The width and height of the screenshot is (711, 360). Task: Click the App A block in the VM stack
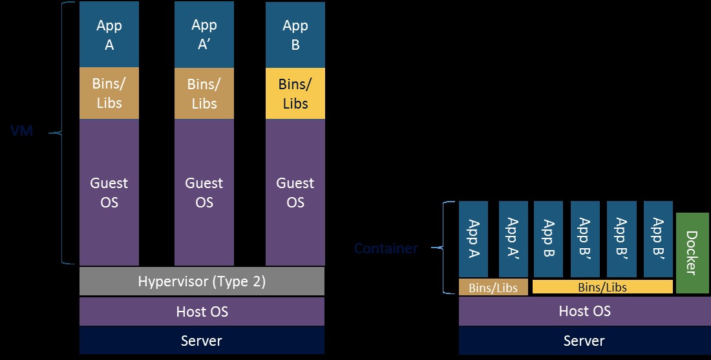[x=109, y=35]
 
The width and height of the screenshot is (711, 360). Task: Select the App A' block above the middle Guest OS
[x=204, y=35]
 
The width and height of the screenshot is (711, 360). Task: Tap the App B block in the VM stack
[x=295, y=35]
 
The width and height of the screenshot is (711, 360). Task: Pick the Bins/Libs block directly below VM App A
[x=109, y=93]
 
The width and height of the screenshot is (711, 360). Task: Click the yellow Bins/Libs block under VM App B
[x=295, y=93]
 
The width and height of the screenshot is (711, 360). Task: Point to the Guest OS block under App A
[x=109, y=192]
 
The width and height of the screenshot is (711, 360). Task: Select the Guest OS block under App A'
[x=204, y=192]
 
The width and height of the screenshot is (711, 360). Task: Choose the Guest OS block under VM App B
[x=295, y=192]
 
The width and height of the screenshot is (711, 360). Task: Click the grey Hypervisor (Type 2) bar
[x=202, y=281]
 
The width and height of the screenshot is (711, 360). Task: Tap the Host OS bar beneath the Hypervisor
[x=202, y=312]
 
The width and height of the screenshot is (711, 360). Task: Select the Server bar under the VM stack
[x=202, y=340]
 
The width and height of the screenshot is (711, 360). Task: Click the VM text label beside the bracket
[x=21, y=132]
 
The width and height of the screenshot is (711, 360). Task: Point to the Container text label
[x=386, y=248]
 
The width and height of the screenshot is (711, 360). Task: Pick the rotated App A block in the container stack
[x=473, y=238]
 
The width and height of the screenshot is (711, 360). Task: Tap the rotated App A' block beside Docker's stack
[x=513, y=238]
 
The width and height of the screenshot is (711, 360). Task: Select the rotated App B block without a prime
[x=548, y=238]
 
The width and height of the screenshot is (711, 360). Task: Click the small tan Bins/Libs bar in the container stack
[x=493, y=287]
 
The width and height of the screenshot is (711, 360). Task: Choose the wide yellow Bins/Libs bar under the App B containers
[x=602, y=287]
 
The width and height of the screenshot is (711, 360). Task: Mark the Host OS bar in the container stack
[x=584, y=312]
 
